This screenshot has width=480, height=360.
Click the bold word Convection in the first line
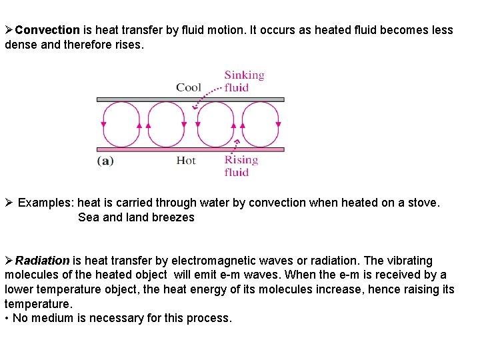[47, 30]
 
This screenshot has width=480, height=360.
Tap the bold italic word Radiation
[42, 261]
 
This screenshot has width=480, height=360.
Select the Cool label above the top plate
[189, 87]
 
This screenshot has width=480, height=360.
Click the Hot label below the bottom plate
[186, 161]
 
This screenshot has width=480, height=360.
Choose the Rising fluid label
[240, 166]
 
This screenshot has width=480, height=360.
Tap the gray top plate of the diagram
[190, 99]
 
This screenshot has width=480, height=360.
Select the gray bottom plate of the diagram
[190, 149]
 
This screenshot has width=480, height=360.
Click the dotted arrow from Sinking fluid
[207, 97]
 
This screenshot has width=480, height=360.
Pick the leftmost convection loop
[121, 124]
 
